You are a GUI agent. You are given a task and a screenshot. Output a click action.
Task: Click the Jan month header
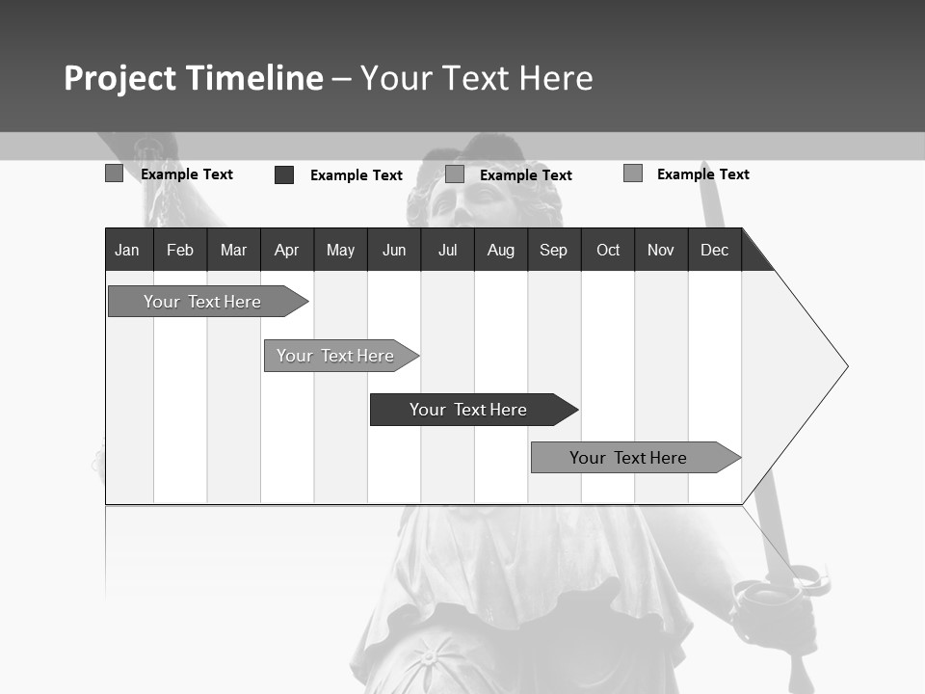coord(127,250)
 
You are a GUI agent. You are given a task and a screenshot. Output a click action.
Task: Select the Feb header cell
coord(180,250)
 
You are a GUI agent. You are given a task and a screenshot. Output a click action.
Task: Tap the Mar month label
coord(233,250)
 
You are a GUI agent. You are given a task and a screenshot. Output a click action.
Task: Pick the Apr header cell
coord(286,250)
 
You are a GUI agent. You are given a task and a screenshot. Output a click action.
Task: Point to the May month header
coord(340,250)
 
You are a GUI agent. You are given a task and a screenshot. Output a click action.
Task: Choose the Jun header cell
coord(394,250)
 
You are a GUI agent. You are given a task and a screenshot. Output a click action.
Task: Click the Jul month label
coord(447,250)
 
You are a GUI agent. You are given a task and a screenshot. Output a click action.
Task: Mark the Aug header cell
coord(500,250)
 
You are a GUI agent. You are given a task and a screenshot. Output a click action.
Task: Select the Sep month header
coord(553,250)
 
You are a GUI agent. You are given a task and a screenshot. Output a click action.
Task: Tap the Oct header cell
coord(608,250)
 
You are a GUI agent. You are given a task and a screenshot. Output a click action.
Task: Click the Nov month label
coord(661,250)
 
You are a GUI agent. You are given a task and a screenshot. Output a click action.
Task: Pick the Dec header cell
coord(714,250)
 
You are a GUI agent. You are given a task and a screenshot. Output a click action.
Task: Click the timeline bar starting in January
coord(202,302)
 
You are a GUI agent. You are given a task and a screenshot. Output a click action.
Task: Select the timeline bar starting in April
coord(335,356)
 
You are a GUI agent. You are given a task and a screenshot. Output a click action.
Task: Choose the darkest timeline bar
coord(468,410)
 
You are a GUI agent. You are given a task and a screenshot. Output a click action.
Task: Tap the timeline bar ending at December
coord(628,458)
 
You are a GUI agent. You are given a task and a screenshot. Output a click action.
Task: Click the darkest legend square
coord(284,174)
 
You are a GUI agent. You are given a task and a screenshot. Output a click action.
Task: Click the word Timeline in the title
coord(254,78)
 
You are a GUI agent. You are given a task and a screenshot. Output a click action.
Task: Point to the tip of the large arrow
coord(846,366)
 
